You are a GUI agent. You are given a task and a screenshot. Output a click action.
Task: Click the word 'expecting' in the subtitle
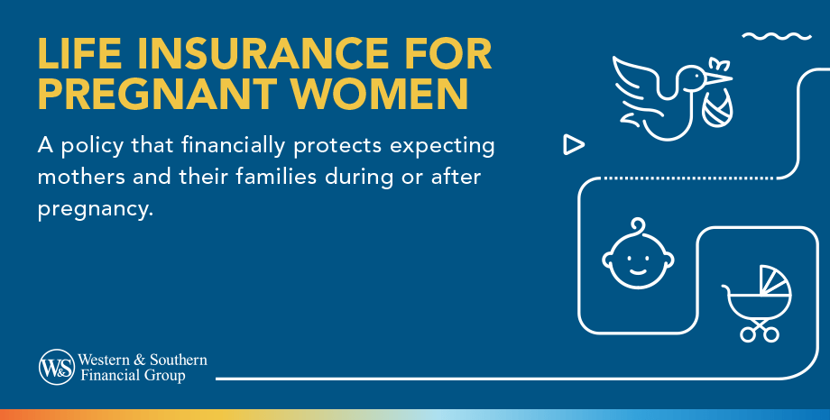(449, 146)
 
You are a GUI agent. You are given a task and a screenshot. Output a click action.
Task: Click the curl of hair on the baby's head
(637, 224)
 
